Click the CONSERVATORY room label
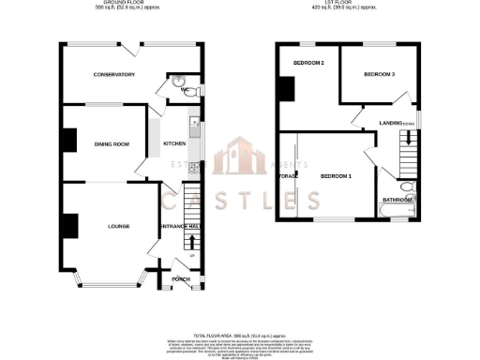(113, 75)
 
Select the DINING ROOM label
(111, 143)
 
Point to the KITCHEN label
(174, 143)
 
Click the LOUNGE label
(117, 226)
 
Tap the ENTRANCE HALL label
(181, 226)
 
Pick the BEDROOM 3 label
(379, 73)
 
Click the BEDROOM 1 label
(335, 176)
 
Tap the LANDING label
(391, 123)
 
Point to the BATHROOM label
(396, 199)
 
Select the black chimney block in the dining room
(68, 140)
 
